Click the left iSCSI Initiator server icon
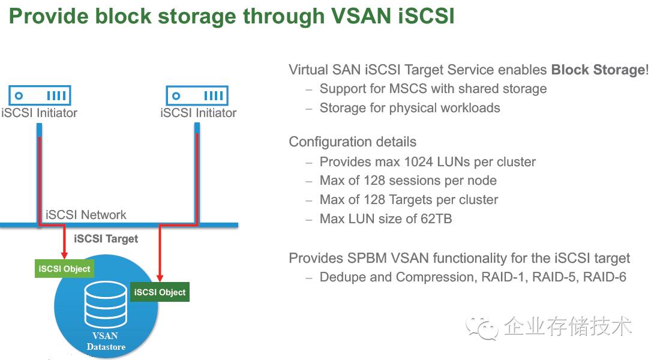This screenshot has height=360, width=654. tap(40, 95)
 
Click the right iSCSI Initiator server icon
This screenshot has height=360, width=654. tap(197, 95)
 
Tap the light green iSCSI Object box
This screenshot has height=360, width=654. tap(64, 269)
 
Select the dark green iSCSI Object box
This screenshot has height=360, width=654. tap(160, 292)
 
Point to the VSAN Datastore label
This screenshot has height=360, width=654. tap(106, 341)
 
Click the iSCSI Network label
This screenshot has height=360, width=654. tap(86, 215)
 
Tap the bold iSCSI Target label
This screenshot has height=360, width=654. tap(106, 239)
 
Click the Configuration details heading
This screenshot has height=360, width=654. tap(352, 142)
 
